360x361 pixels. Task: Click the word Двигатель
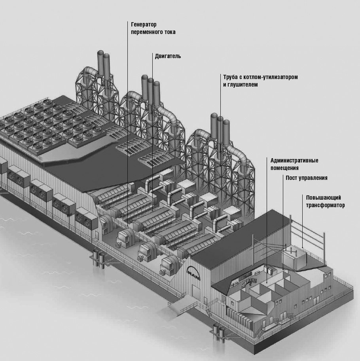pos(168,56)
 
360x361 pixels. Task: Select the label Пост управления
pos(307,178)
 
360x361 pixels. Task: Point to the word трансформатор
pos(325,205)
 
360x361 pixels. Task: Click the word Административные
pos(294,161)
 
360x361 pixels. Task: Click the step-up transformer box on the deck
pos(294,259)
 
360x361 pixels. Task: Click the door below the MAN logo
pos(197,292)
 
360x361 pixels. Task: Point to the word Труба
pos(230,77)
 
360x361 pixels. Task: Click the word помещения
pos(284,168)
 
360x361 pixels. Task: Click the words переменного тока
pos(153,32)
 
